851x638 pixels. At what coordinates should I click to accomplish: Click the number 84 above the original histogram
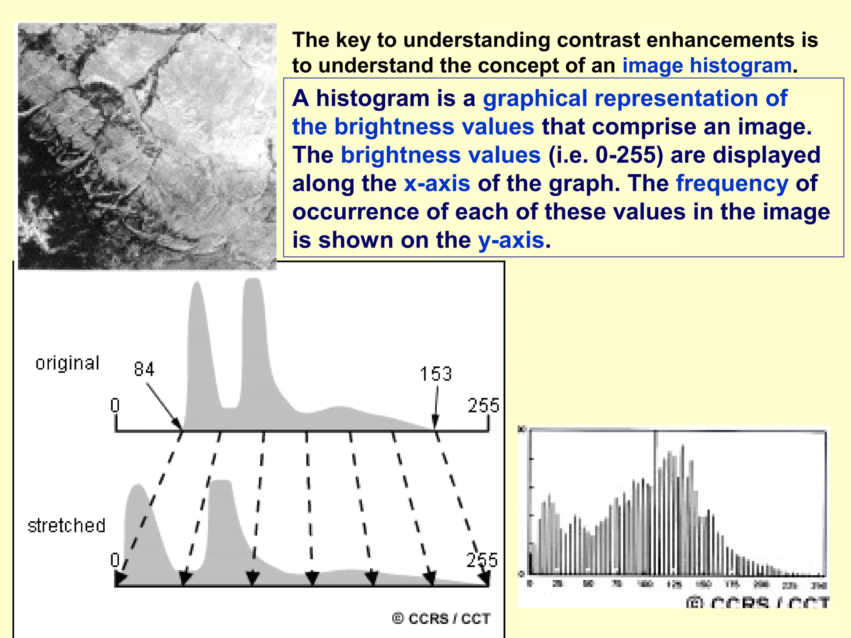144,369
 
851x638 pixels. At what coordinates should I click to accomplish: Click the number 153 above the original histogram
435,374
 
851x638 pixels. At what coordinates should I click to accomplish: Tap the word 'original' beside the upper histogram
68,363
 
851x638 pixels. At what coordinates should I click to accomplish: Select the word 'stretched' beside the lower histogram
66,525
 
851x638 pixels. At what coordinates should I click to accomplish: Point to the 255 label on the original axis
483,405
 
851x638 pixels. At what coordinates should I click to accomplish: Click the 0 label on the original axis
115,405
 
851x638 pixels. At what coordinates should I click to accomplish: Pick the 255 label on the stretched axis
482,560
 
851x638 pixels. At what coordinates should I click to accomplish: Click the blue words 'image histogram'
707,66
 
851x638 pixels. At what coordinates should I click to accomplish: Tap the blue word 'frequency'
732,183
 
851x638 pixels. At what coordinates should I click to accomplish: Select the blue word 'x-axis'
437,183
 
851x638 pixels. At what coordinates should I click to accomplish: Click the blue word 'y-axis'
511,240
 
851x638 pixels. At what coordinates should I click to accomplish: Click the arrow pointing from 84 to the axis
164,406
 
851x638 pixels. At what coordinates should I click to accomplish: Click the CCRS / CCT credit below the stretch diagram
441,618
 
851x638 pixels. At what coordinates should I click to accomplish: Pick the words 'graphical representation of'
635,98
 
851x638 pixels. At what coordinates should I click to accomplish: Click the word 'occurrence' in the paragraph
356,212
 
